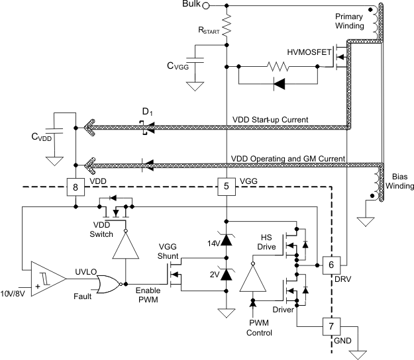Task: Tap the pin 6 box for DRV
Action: [x=331, y=263]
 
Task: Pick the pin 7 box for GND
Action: [x=331, y=326]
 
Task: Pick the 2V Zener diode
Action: [x=227, y=273]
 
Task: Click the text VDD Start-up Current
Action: [x=272, y=119]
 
